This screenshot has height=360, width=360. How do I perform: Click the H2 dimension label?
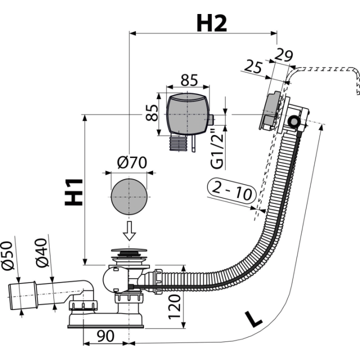click(211, 23)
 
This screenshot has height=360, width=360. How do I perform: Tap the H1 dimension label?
click(73, 192)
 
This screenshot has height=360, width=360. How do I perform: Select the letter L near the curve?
click(253, 318)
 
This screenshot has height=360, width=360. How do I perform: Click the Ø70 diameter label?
click(132, 162)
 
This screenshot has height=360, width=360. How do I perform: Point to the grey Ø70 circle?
click(129, 196)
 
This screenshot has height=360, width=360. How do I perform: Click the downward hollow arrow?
click(129, 230)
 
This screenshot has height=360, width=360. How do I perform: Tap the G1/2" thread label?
click(217, 149)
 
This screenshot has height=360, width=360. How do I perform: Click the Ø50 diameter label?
click(7, 255)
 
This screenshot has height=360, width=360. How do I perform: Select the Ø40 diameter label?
click(41, 253)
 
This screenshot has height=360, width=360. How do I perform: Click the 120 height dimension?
click(174, 307)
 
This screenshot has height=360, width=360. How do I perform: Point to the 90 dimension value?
click(105, 336)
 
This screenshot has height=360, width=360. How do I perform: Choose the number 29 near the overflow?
click(284, 55)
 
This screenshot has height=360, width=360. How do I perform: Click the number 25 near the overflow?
click(253, 66)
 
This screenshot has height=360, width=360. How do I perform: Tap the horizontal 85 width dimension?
click(189, 80)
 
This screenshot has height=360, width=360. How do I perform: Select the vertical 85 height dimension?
click(152, 112)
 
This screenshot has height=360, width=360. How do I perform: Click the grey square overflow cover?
click(187, 114)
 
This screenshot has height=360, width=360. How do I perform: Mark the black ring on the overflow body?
click(293, 121)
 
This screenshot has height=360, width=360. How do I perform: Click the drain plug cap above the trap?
click(129, 250)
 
